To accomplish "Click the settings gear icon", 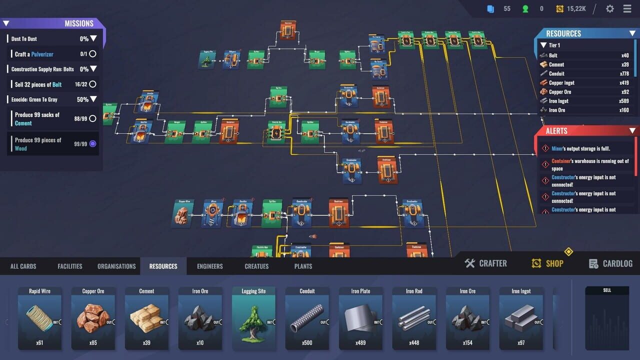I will click(609, 8).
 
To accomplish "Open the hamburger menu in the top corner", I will click(627, 8).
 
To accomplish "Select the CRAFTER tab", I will click(485, 263).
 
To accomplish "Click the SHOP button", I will click(547, 263).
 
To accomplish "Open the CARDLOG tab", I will click(610, 263).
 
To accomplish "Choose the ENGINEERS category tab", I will click(210, 266).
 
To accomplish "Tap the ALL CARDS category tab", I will click(23, 266).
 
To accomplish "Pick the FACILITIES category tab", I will click(70, 266).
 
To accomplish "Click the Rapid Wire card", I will click(39, 317).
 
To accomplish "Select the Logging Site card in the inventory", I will click(253, 317).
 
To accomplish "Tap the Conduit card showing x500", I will click(307, 317).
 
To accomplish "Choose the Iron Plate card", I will click(360, 317).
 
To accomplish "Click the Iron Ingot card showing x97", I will click(521, 317).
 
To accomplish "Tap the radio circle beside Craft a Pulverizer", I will click(92, 54).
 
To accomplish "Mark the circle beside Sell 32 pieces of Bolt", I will click(92, 84).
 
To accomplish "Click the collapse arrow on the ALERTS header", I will click(632, 131).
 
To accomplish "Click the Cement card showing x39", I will click(146, 317).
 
